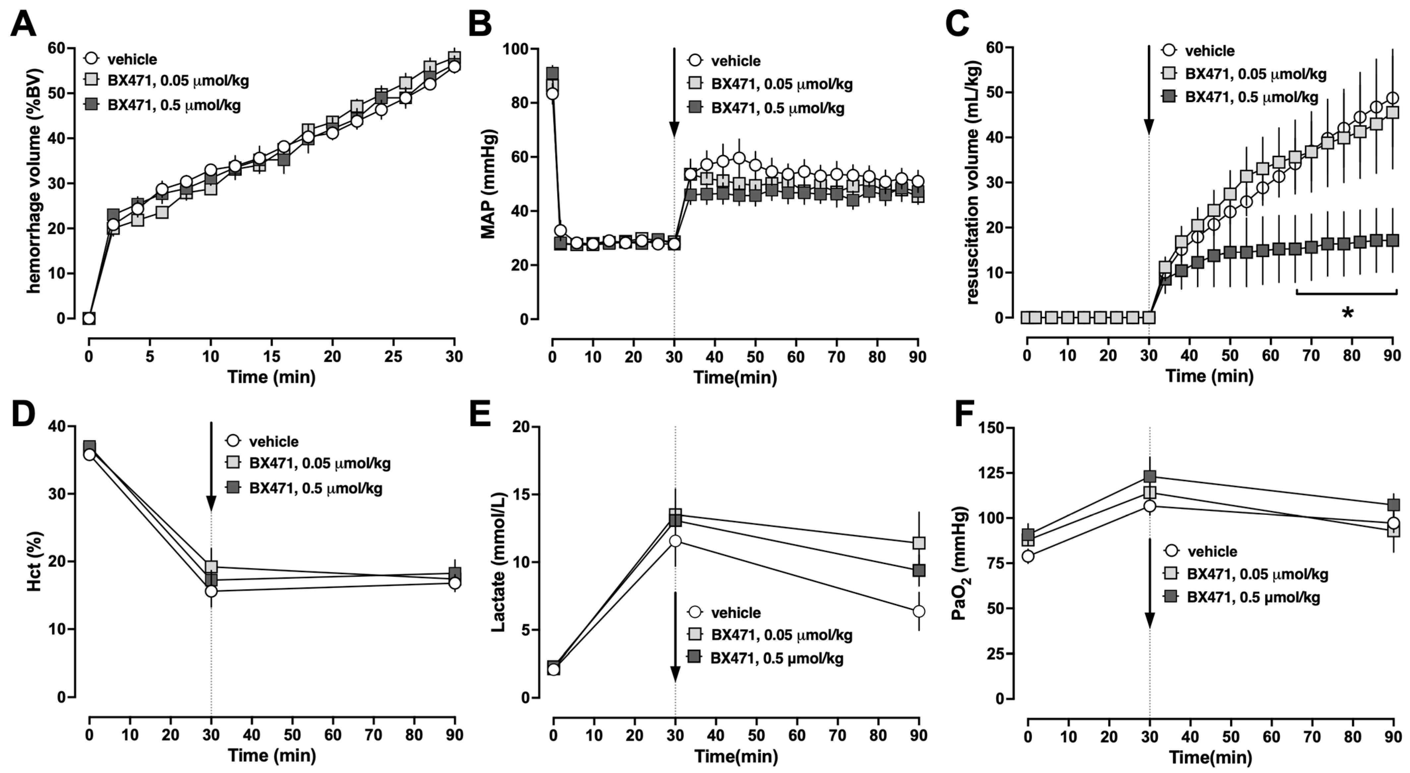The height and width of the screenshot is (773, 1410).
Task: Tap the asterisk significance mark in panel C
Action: click(x=1347, y=314)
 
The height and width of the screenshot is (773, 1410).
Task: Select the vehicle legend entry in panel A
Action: click(x=120, y=59)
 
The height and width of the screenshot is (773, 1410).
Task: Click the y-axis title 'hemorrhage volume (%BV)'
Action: click(x=34, y=181)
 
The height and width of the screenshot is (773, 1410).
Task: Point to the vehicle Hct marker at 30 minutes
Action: click(x=211, y=591)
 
